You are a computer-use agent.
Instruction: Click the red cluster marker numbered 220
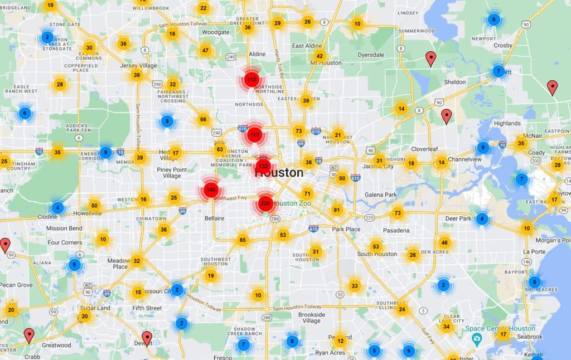[265, 203]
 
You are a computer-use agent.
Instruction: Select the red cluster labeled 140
[210, 190]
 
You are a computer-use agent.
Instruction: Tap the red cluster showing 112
[251, 80]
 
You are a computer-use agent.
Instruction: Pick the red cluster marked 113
[255, 134]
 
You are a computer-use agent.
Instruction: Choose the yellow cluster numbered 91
[336, 210]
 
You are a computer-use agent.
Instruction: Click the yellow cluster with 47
[205, 50]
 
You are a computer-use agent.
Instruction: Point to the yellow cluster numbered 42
[319, 56]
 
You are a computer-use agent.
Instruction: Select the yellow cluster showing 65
[243, 240]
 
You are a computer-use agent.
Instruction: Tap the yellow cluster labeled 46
[444, 242]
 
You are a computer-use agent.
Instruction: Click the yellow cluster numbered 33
[354, 286]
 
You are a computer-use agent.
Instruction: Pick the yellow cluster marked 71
[307, 193]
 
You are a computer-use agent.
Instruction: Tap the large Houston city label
[279, 173]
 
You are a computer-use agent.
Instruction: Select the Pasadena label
[396, 230]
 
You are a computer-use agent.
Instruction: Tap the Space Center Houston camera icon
[476, 339]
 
